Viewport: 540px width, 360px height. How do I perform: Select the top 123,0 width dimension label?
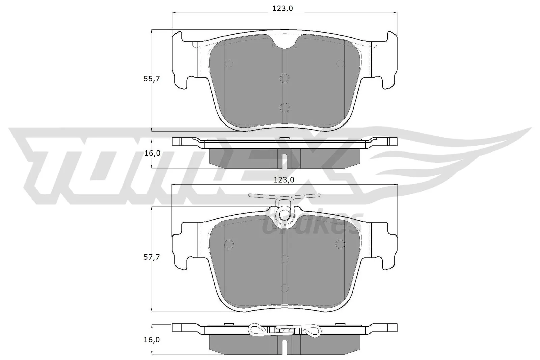click(x=282, y=9)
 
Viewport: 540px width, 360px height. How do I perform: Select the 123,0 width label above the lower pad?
click(x=284, y=180)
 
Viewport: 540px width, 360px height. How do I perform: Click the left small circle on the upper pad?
click(x=229, y=63)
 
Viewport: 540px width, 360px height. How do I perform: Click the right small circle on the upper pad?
click(x=340, y=63)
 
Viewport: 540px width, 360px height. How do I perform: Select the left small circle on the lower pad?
click(x=229, y=243)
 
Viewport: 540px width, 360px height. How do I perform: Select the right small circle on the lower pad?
click(x=340, y=243)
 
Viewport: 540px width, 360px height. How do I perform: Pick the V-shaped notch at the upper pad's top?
click(x=285, y=41)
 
